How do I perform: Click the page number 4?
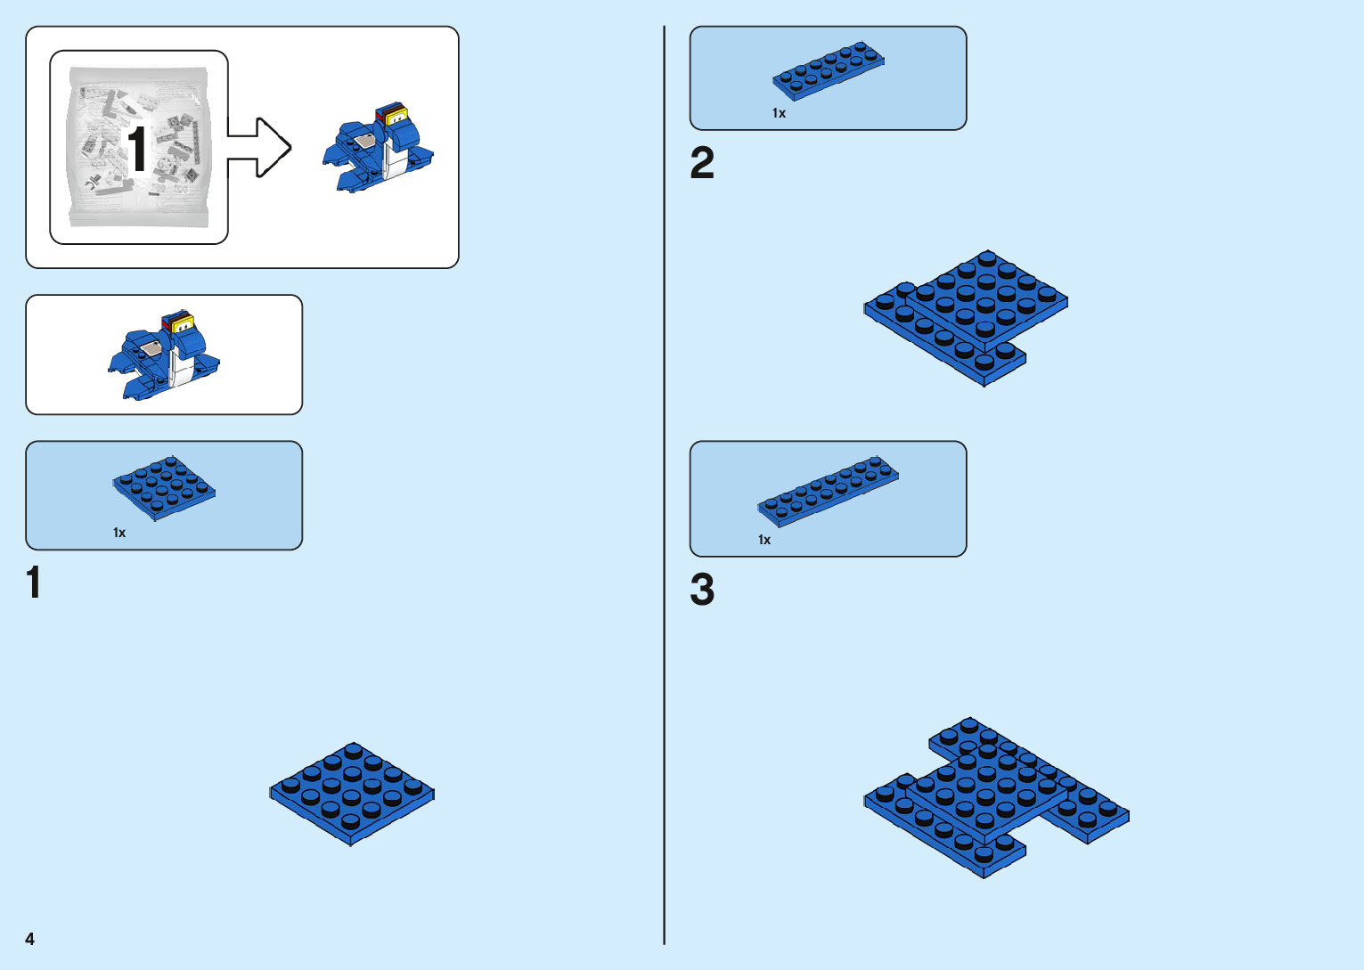[29, 939]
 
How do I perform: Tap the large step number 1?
[34, 583]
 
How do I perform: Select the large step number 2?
[702, 164]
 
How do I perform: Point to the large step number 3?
[702, 590]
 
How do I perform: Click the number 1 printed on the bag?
[136, 150]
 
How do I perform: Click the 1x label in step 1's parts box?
[119, 533]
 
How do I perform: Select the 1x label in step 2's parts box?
[779, 113]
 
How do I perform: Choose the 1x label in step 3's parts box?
[764, 540]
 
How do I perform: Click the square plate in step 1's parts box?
[164, 487]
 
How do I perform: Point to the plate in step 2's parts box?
[829, 69]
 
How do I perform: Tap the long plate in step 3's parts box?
[828, 491]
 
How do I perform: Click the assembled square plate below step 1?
[352, 794]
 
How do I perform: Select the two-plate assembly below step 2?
[967, 316]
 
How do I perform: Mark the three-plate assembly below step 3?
[993, 797]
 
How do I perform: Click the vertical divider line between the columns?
[664, 485]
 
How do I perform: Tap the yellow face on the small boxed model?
[184, 326]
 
